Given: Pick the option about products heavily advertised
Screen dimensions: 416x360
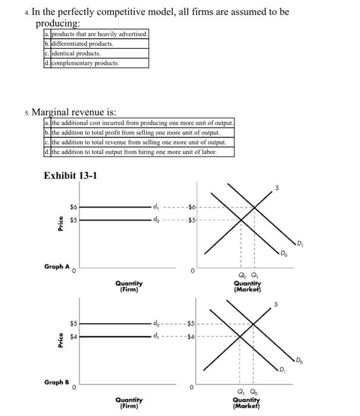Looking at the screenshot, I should coord(98,34).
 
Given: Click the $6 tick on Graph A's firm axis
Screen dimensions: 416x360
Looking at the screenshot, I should coord(74,207).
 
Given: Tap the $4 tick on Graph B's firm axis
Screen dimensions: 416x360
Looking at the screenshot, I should coord(74,336).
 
